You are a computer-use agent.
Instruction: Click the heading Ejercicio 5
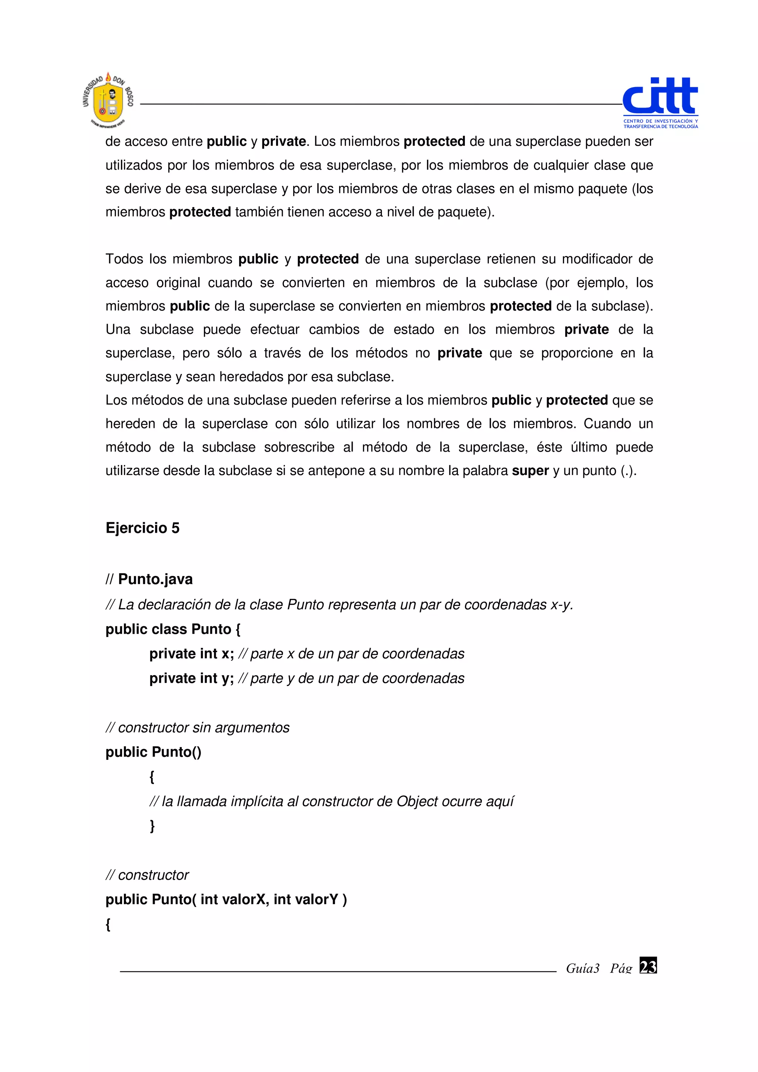(x=142, y=528)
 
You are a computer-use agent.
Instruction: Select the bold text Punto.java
(x=155, y=579)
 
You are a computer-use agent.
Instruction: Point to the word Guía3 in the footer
(x=583, y=968)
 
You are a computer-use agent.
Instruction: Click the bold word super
(x=530, y=471)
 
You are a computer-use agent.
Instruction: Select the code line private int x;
(x=191, y=654)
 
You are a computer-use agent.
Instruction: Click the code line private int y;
(x=191, y=678)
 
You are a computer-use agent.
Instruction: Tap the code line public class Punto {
(x=173, y=629)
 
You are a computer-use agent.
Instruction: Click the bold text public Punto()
(x=153, y=752)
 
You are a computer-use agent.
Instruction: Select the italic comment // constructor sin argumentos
(x=198, y=727)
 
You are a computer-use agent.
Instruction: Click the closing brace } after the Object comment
(x=152, y=826)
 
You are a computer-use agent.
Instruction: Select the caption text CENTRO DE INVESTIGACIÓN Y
(x=660, y=121)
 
